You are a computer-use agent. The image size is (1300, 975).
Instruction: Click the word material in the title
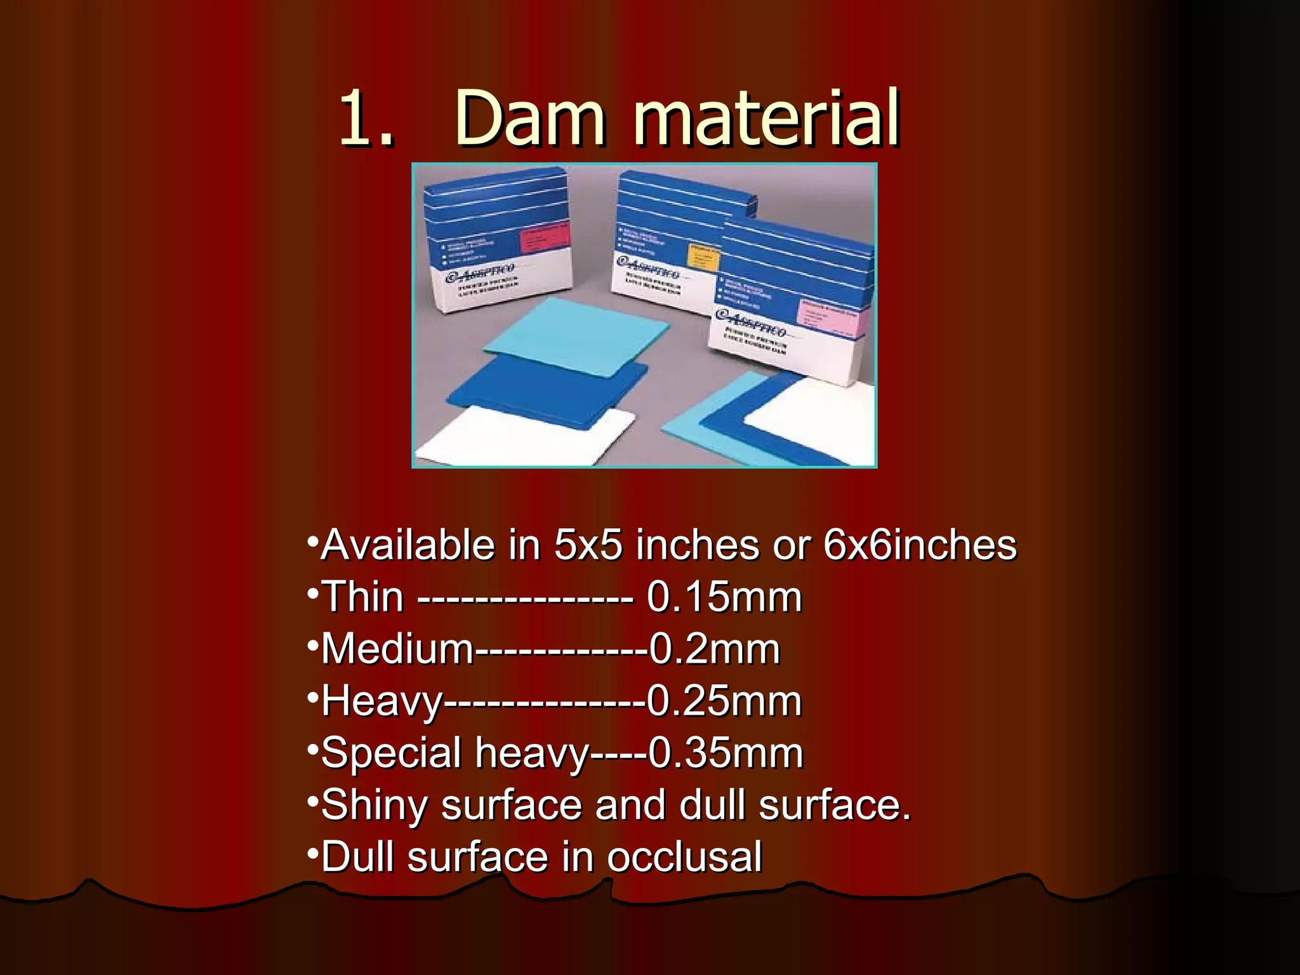point(767,119)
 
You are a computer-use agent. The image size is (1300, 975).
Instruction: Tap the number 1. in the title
point(366,119)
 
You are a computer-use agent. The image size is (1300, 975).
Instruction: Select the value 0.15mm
point(724,598)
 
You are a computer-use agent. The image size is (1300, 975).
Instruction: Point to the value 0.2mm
point(714,650)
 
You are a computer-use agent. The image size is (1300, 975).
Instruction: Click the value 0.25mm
point(724,702)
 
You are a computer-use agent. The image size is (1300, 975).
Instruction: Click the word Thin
point(362,598)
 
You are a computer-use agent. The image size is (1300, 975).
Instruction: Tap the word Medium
point(397,650)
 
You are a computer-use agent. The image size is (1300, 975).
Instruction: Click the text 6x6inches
point(920,546)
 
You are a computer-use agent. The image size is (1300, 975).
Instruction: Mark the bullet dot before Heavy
point(312,698)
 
